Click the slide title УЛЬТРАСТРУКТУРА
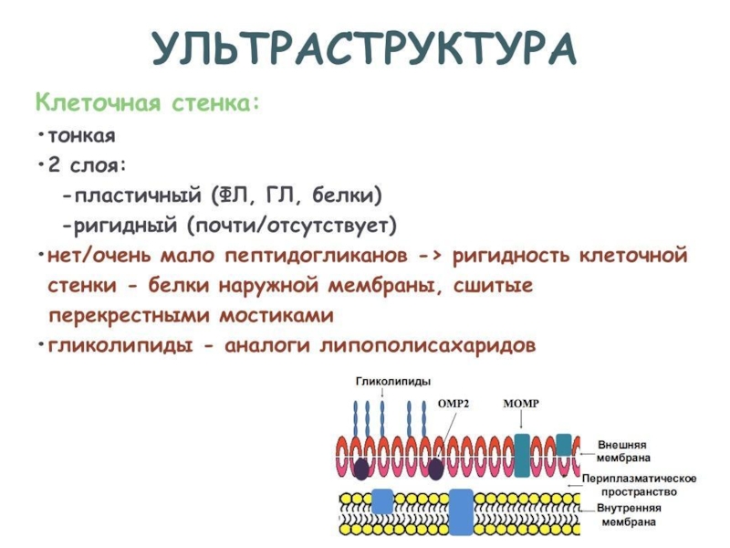point(365,48)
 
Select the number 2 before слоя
point(56,166)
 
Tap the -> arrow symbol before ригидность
point(430,255)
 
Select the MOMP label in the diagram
point(522,401)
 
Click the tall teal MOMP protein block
point(522,455)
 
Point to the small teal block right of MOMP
point(564,445)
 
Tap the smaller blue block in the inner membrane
point(382,501)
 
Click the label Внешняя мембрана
point(624,450)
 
